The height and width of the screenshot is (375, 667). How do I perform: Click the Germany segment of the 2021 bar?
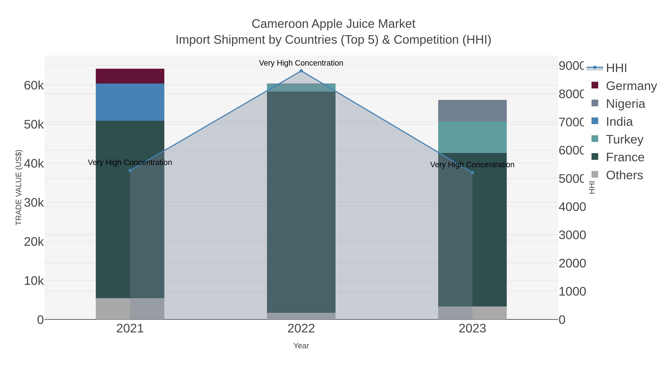[130, 76]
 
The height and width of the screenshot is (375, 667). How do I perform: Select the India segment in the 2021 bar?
[130, 102]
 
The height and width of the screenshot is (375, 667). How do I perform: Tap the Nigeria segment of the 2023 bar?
[472, 111]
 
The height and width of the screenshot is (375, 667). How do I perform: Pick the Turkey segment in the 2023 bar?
[472, 137]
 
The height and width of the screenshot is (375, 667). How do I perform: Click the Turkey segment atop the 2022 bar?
[301, 88]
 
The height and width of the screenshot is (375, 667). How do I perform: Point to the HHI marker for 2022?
[301, 71]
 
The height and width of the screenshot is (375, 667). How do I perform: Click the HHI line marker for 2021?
[130, 171]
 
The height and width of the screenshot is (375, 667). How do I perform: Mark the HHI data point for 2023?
[472, 173]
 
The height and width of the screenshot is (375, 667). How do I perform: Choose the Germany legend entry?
[624, 86]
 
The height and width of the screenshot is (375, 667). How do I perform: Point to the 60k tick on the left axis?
[34, 85]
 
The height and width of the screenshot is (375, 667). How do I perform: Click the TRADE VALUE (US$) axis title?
[19, 187]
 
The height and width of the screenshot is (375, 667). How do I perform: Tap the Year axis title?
[301, 346]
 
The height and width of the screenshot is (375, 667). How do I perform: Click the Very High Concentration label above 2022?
[301, 63]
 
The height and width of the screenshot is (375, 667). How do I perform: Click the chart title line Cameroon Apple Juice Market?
[333, 24]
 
